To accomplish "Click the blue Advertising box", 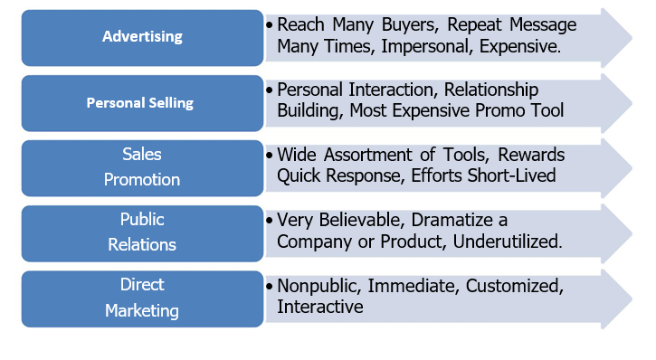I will pyautogui.click(x=142, y=37).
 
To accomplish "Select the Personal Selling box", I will pyautogui.click(x=140, y=102).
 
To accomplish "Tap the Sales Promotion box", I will pyautogui.click(x=142, y=167).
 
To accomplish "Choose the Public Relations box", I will pyautogui.click(x=142, y=232).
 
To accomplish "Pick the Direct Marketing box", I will pyautogui.click(x=142, y=298).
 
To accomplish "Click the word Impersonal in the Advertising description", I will pyautogui.click(x=406, y=46).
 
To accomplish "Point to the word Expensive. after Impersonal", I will pyautogui.click(x=514, y=46).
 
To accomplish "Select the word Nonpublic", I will pyautogui.click(x=318, y=286).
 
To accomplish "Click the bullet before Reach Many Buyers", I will pyautogui.click(x=270, y=25).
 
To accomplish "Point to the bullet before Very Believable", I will pyautogui.click(x=270, y=221).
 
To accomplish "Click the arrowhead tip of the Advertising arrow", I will pyautogui.click(x=631, y=37).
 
